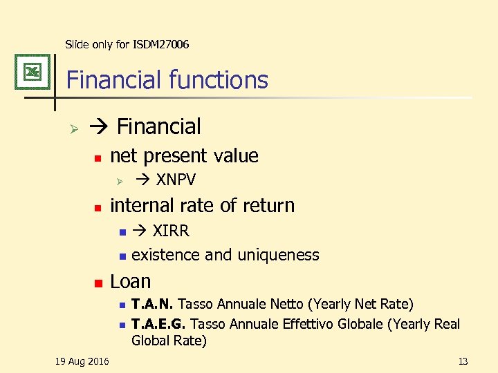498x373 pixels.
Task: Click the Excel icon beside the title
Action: pyautogui.click(x=32, y=72)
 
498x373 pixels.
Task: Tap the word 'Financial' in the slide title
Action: pyautogui.click(x=111, y=80)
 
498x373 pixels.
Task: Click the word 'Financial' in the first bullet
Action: pyautogui.click(x=159, y=126)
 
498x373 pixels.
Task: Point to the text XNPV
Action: pyautogui.click(x=176, y=180)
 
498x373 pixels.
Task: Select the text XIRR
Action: pyautogui.click(x=170, y=231)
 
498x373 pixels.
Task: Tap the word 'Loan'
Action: pyautogui.click(x=130, y=281)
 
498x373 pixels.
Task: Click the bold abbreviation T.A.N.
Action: pyautogui.click(x=152, y=304)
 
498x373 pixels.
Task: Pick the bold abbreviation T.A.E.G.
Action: pyautogui.click(x=159, y=324)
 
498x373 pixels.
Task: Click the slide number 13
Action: pyautogui.click(x=463, y=361)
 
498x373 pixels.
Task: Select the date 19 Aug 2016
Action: pyautogui.click(x=82, y=361)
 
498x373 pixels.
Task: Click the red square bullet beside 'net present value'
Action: pyautogui.click(x=98, y=157)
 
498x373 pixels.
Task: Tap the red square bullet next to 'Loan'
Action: pyautogui.click(x=98, y=283)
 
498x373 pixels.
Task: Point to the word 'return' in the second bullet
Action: pyautogui.click(x=271, y=205)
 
